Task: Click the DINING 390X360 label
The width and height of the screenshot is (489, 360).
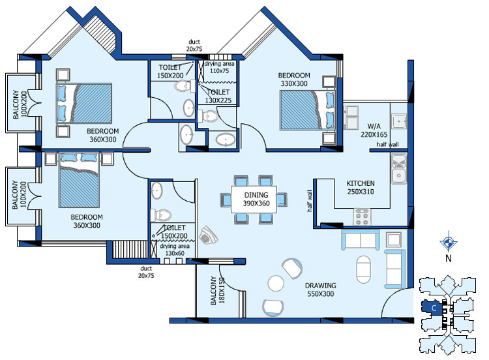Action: (x=256, y=199)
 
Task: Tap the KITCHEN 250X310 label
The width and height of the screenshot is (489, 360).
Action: (x=361, y=187)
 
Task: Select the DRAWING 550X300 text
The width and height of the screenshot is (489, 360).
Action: (x=321, y=290)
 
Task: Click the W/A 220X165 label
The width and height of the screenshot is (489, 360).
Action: (x=374, y=130)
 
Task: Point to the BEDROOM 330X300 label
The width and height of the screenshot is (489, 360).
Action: (x=294, y=79)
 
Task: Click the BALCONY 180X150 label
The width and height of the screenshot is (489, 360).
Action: (x=217, y=290)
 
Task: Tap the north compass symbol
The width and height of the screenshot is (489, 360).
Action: (x=449, y=242)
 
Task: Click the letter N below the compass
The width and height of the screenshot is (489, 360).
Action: (x=449, y=258)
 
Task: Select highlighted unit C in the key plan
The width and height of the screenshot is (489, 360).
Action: (x=432, y=307)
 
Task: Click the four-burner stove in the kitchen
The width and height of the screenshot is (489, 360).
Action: (x=362, y=217)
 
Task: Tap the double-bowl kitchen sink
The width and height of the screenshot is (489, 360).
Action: (x=399, y=168)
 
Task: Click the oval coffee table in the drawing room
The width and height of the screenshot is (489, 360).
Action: (x=364, y=269)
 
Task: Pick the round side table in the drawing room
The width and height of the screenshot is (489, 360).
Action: (x=276, y=283)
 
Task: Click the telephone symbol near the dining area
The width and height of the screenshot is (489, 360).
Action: (x=209, y=235)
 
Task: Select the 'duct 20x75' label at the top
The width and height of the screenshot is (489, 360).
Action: (x=194, y=45)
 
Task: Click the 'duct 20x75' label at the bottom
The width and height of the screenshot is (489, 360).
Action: (x=146, y=272)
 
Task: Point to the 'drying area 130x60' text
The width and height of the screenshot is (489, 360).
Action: (x=175, y=250)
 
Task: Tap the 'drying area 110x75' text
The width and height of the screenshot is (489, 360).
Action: (x=219, y=67)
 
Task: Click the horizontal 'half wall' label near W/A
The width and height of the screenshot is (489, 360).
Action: (x=388, y=144)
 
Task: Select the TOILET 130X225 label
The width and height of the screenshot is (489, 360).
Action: (x=218, y=96)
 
